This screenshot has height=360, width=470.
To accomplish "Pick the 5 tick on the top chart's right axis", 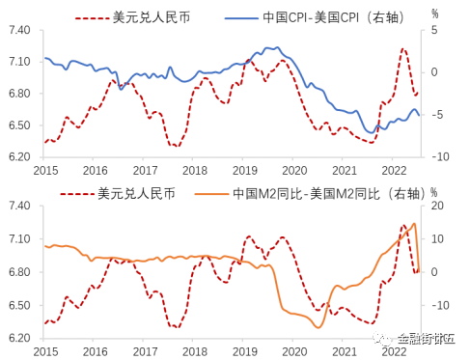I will tap(435, 31).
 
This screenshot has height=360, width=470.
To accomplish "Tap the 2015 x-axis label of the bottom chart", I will tap(45, 351).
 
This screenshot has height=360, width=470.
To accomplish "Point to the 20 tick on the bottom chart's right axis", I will tap(436, 206).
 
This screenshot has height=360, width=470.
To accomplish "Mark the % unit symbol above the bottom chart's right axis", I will tap(435, 191).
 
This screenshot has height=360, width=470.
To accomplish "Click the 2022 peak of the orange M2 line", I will tap(415, 224).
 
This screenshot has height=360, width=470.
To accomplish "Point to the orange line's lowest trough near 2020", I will tap(318, 328).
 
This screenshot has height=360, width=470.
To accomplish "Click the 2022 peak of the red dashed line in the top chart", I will tap(403, 48).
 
